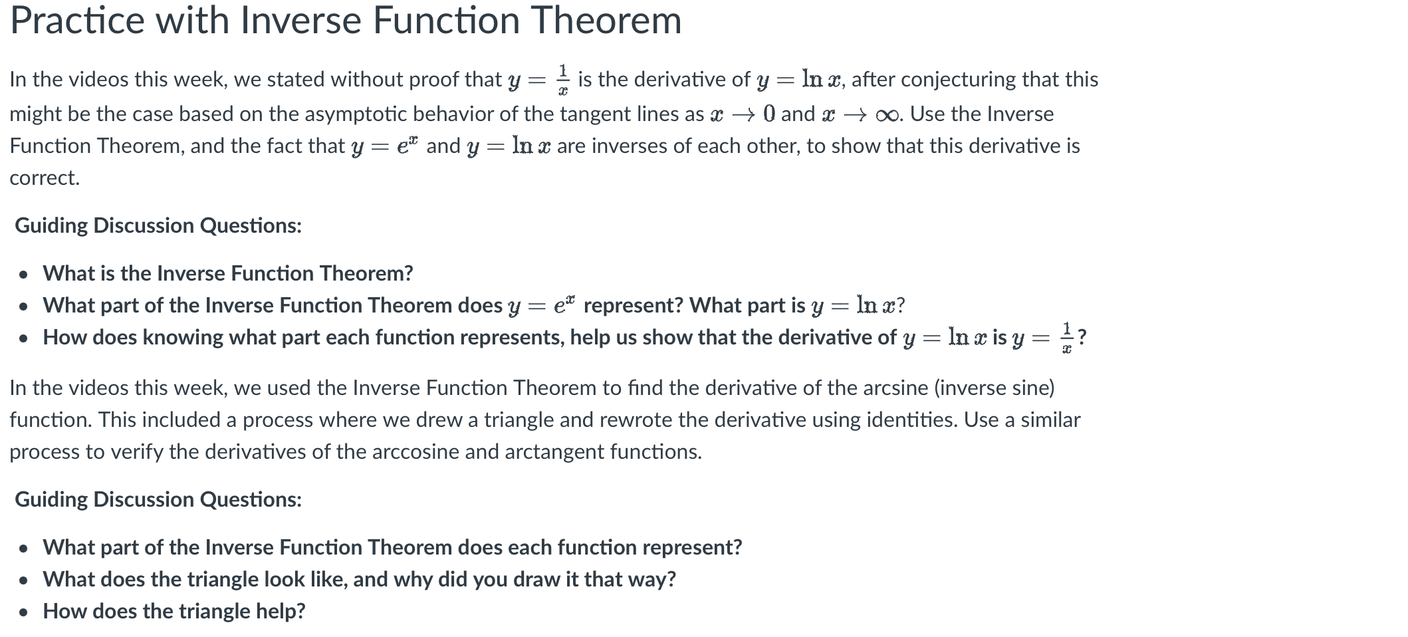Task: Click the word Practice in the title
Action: pyautogui.click(x=77, y=21)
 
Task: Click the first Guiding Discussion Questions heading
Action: pyautogui.click(x=158, y=226)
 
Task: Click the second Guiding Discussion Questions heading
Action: pyautogui.click(x=158, y=500)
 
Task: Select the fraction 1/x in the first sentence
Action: pyautogui.click(x=562, y=80)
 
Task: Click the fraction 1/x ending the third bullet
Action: pyautogui.click(x=1066, y=338)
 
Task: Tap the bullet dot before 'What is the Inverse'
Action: pyautogui.click(x=24, y=274)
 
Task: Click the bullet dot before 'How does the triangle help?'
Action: pyautogui.click(x=24, y=612)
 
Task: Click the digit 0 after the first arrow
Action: pyautogui.click(x=769, y=114)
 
